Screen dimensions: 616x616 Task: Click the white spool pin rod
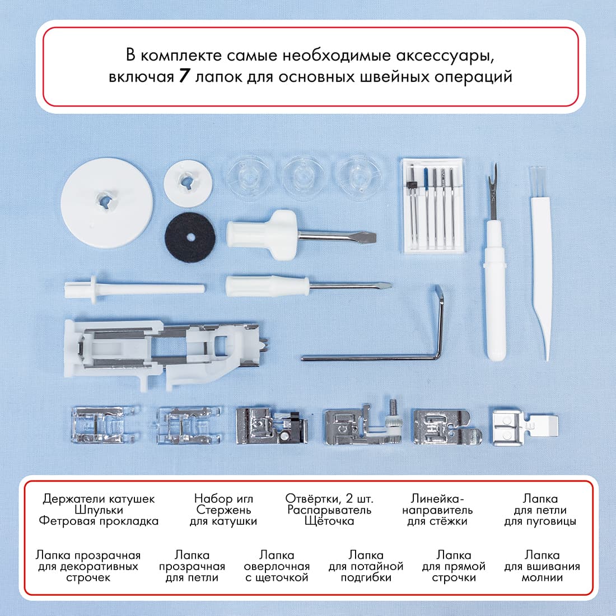[x=134, y=288]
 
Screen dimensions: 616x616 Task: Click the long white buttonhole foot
[x=168, y=353]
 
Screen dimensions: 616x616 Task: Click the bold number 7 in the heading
[x=186, y=76]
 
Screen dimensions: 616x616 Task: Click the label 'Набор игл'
[x=223, y=498]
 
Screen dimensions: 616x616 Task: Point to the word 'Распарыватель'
[x=329, y=510]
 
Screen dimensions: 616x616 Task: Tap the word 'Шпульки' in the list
[x=99, y=510]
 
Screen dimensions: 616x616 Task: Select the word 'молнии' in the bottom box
[x=542, y=577]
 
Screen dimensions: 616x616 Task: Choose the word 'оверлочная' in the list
[x=277, y=566]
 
